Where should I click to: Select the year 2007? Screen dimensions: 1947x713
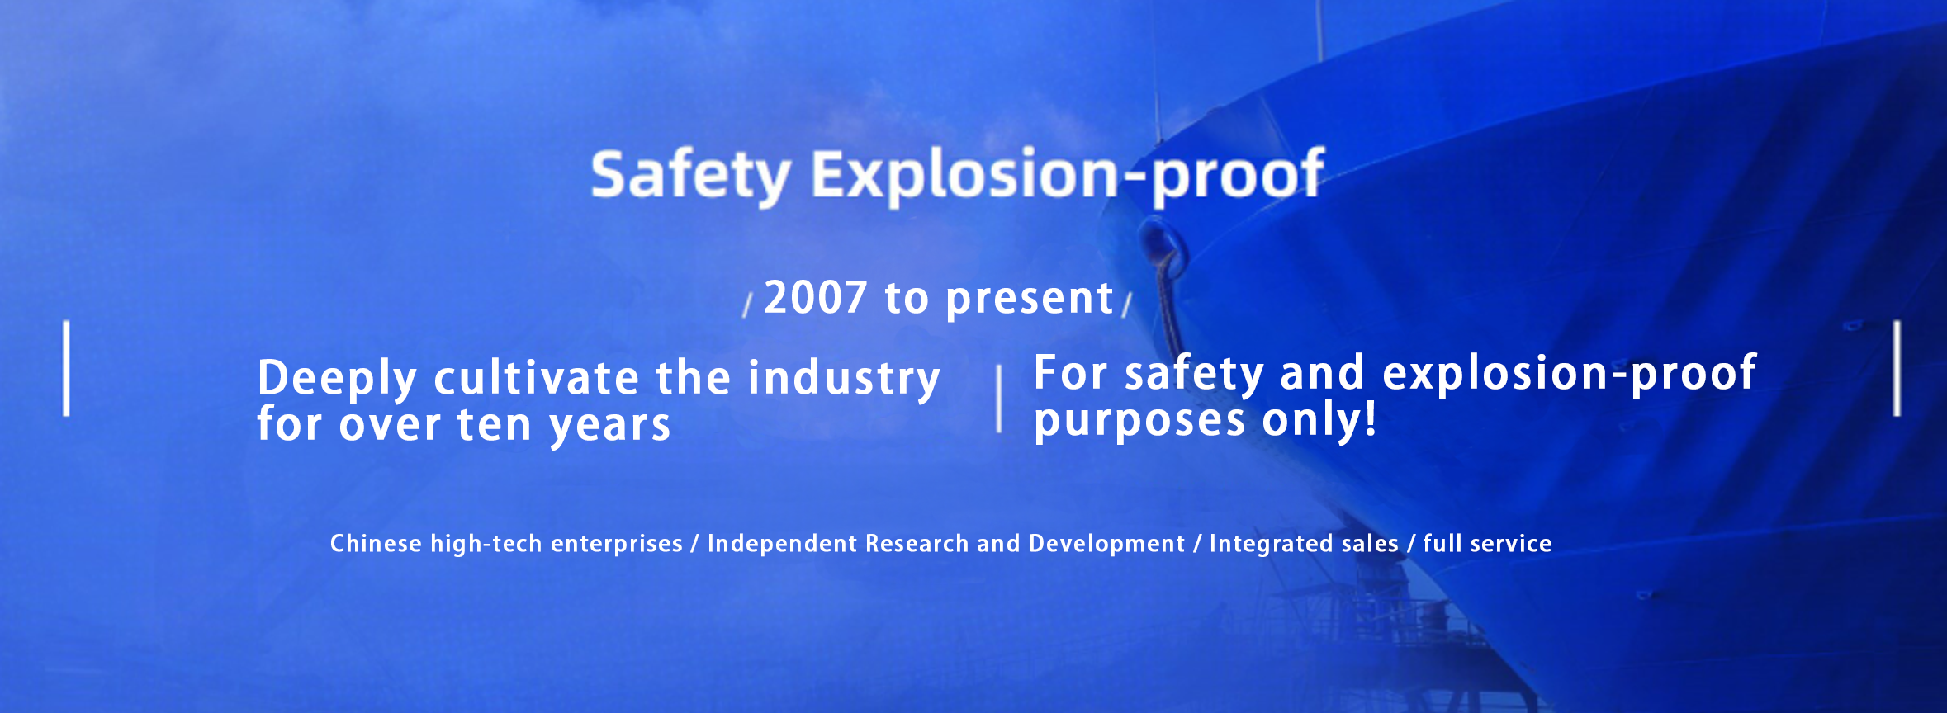(816, 297)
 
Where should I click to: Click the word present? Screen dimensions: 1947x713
(1030, 300)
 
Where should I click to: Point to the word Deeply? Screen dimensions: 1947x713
(337, 380)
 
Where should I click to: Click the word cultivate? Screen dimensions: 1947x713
(537, 378)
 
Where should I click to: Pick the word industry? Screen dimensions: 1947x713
(844, 380)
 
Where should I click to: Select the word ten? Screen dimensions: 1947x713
(494, 426)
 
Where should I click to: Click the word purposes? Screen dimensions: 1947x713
(1139, 422)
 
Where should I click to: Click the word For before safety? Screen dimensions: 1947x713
(1070, 372)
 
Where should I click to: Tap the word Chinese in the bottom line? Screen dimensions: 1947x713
(376, 543)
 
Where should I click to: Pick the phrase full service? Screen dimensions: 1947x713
(1487, 543)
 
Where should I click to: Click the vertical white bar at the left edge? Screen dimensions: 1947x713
(66, 368)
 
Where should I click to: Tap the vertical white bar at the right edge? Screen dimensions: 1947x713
(1897, 368)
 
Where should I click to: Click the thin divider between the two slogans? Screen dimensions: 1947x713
(999, 399)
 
